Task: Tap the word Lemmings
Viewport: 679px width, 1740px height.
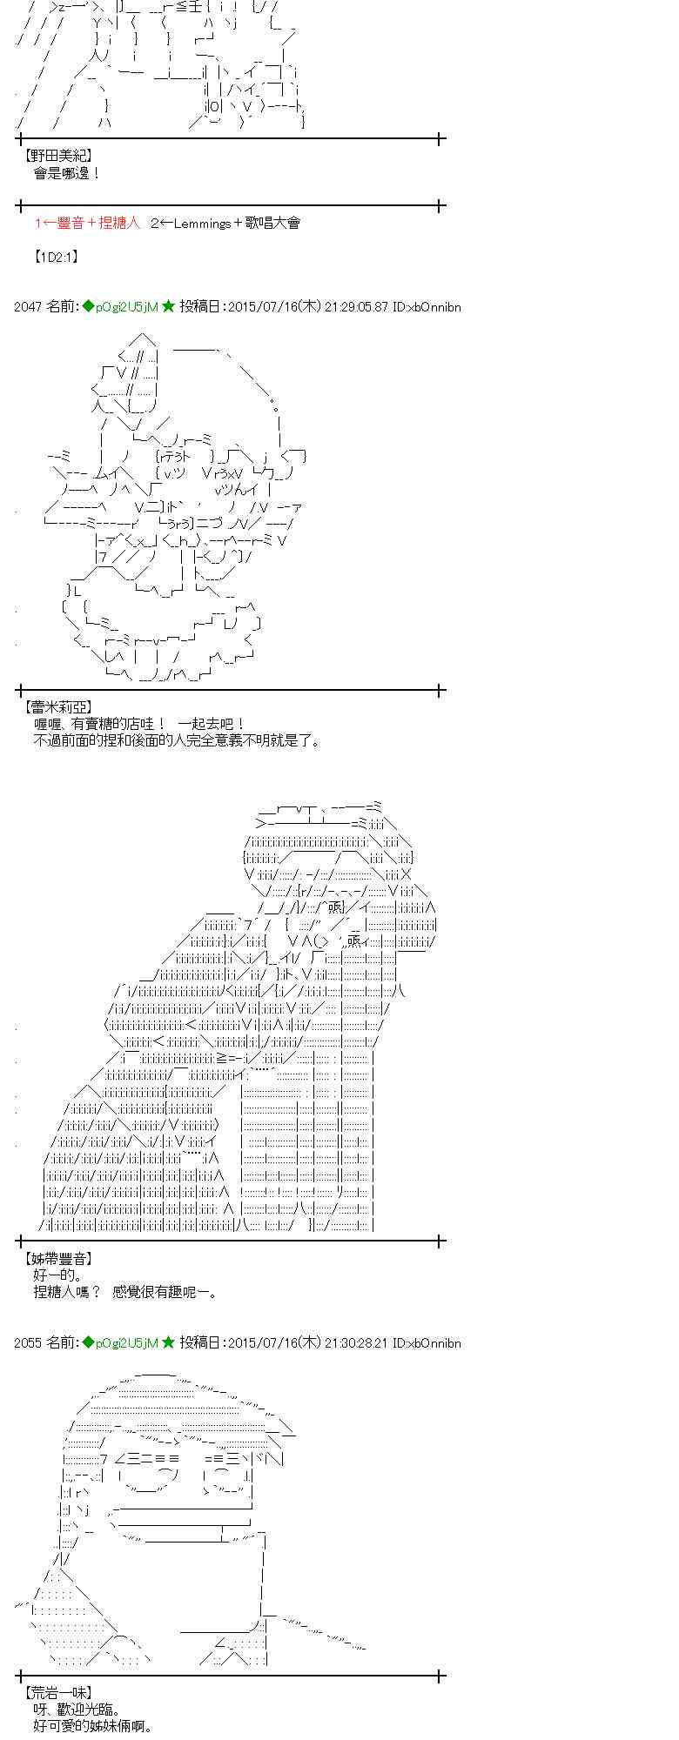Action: pyautogui.click(x=202, y=223)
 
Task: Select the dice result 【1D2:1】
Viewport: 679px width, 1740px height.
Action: pyautogui.click(x=57, y=257)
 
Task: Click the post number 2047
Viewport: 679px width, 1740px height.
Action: pyautogui.click(x=28, y=306)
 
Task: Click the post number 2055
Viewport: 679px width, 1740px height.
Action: pyautogui.click(x=28, y=1342)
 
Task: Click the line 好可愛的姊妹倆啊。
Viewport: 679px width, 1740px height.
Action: pyautogui.click(x=94, y=1726)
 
